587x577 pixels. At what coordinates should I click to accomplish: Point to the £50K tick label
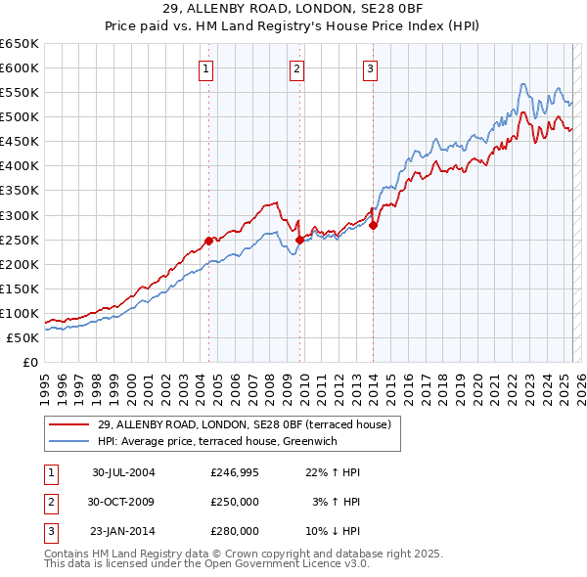point(23,337)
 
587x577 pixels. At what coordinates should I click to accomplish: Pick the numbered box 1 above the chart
point(207,68)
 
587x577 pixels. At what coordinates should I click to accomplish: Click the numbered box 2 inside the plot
point(295,68)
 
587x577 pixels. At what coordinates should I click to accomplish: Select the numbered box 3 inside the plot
point(371,68)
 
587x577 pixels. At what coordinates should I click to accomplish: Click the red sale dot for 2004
point(208,241)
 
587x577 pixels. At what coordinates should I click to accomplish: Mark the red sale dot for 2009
point(299,239)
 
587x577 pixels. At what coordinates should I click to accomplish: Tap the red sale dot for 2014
point(373,224)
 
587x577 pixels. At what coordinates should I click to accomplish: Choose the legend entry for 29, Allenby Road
point(244,424)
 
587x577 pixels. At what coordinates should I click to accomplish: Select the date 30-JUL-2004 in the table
point(123,472)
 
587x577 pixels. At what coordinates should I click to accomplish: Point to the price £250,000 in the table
point(235,502)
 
